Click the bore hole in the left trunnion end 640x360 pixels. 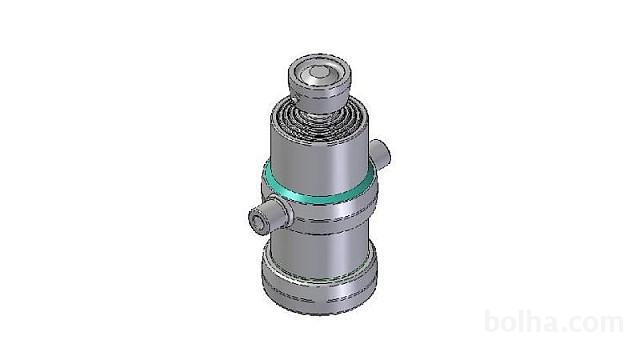[258, 222]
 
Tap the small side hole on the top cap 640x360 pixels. [295, 99]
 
